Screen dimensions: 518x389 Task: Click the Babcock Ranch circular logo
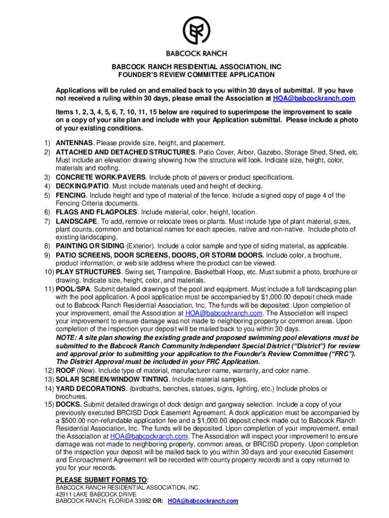[x=197, y=31]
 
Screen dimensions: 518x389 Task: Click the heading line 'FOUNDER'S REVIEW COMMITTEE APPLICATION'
[x=197, y=75]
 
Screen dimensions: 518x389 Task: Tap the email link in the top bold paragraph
[x=314, y=98]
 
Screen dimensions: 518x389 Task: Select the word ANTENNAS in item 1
[x=74, y=143]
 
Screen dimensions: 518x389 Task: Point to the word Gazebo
[x=270, y=152]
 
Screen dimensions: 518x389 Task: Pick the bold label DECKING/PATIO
[x=81, y=186]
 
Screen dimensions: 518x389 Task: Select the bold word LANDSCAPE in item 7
[x=76, y=221]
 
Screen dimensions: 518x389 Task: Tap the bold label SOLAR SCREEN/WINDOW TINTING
[x=112, y=379]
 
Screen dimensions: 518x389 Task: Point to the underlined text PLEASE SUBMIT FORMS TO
[x=101, y=480]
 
